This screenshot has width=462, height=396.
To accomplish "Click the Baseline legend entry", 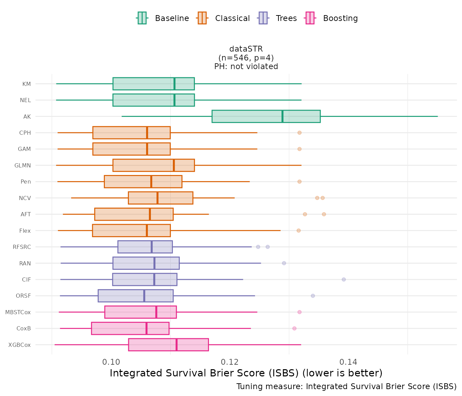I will coord(163,18).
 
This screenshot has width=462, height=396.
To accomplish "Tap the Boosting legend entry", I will coord(332,18).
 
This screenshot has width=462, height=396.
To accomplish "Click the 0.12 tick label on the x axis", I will coord(230,362).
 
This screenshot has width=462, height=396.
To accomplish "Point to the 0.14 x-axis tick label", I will coord(348,362).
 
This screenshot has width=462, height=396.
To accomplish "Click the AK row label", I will coord(27,117).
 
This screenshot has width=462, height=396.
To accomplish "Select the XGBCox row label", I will coord(20,345).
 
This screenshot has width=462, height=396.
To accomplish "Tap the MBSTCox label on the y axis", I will coord(18,312).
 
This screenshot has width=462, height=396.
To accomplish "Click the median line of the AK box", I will coord(283,116).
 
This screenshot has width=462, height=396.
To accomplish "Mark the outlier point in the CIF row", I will coord(344,279).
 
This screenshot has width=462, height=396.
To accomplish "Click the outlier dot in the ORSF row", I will coord(313,296).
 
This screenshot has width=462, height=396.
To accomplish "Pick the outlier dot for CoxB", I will coord(294,328).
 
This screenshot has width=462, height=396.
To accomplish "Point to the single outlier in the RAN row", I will coord(284,263).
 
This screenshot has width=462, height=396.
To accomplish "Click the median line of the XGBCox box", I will coord(176,345).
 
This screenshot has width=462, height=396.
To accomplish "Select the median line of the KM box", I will coord(175,84).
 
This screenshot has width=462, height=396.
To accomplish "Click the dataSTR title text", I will coord(246,49).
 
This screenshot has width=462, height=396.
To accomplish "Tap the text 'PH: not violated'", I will coord(246,66).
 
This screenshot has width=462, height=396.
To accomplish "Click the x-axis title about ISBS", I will coord(246,373).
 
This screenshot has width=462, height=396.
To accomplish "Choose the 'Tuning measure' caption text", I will coord(346,386).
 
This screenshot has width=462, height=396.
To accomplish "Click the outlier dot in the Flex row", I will coord(299,230).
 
